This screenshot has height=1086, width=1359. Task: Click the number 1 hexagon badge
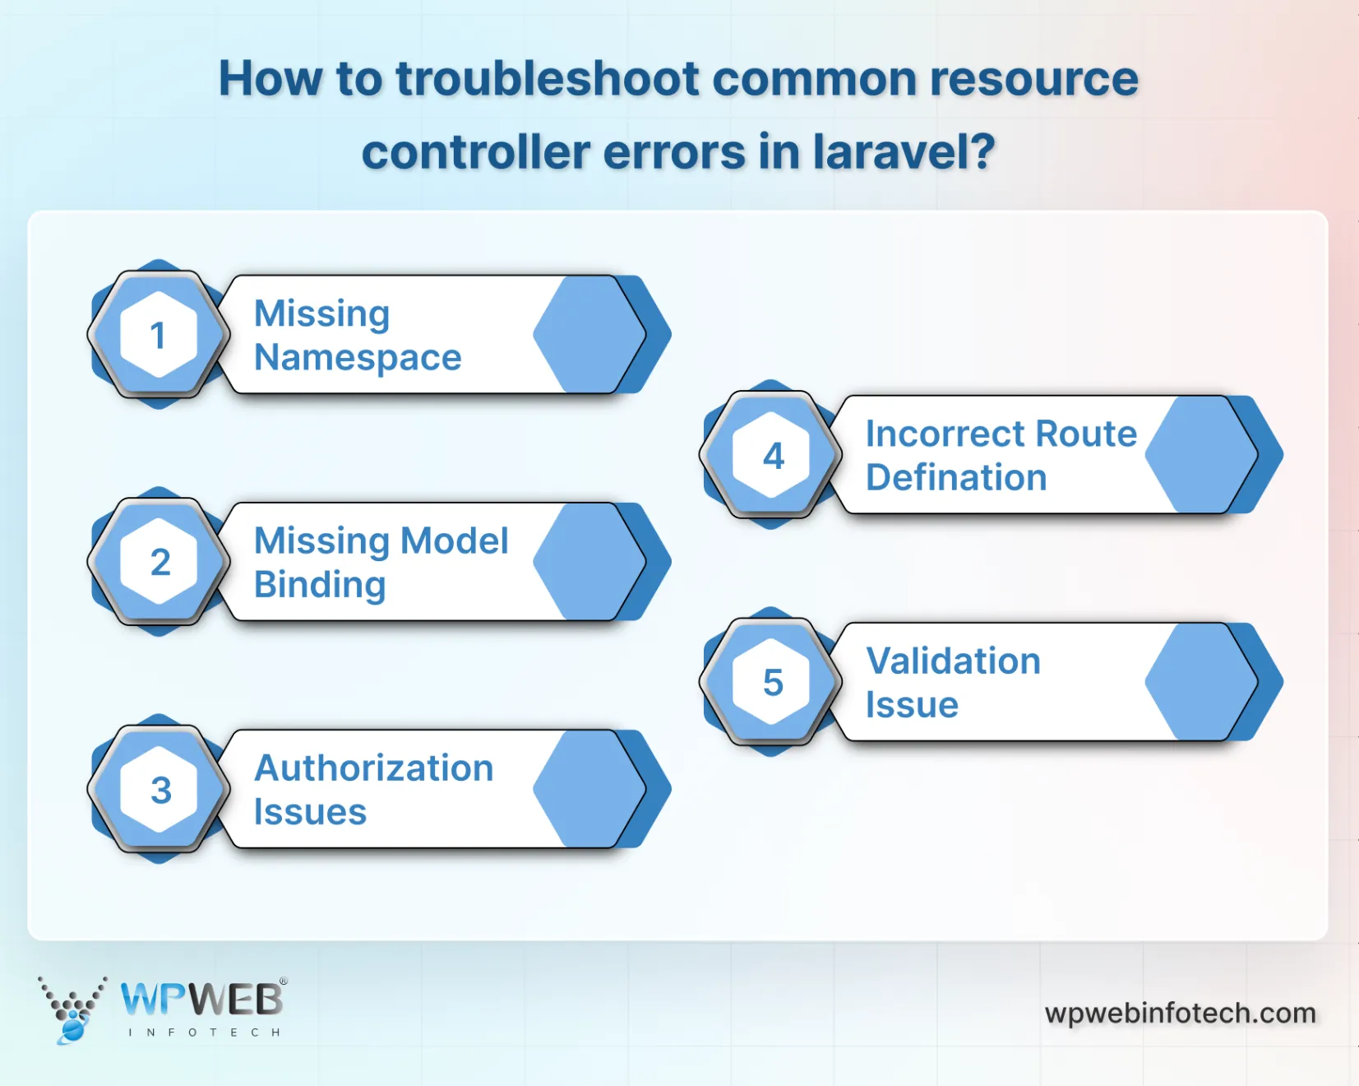point(159,335)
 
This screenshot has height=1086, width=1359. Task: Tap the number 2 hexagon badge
point(159,562)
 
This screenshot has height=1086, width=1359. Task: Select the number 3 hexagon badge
point(159,789)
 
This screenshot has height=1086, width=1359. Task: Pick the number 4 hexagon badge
point(771,455)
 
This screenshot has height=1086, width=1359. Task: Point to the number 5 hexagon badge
point(771,682)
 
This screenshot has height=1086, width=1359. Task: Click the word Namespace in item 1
point(358,358)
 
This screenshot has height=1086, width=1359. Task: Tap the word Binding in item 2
point(320,585)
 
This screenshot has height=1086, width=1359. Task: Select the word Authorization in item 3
point(374,768)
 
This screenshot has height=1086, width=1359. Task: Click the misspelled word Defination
point(956,478)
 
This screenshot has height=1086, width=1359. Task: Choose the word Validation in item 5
point(953,661)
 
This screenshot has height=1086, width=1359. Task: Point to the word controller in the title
point(476,152)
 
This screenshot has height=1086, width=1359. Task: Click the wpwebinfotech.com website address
point(1180,1013)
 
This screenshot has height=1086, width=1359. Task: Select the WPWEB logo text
point(201,1000)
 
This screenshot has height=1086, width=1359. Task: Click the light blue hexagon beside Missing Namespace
point(589,335)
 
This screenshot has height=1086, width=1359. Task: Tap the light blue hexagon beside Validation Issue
point(1201,682)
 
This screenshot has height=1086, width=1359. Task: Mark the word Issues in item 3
point(310,812)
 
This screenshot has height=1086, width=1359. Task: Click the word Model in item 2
point(454,541)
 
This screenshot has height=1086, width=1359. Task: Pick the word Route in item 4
point(1086,434)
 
